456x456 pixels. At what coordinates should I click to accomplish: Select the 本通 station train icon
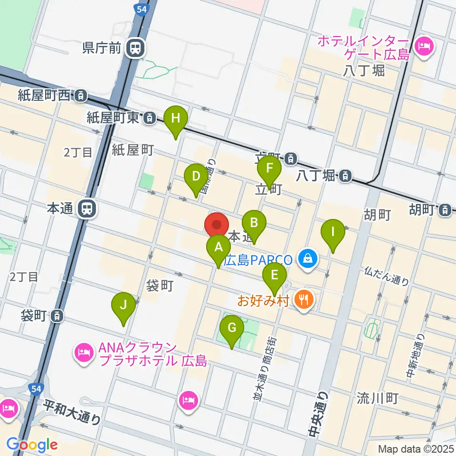pyautogui.click(x=87, y=208)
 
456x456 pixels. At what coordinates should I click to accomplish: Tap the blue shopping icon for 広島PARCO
pyautogui.click(x=307, y=259)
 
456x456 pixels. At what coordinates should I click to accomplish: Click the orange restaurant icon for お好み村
pyautogui.click(x=303, y=299)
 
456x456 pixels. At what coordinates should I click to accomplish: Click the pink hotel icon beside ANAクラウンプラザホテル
pyautogui.click(x=84, y=352)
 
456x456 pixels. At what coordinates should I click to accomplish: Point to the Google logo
pyautogui.click(x=32, y=445)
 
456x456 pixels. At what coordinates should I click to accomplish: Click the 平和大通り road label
pyautogui.click(x=72, y=412)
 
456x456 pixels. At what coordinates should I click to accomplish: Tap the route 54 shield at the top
pyautogui.click(x=141, y=9)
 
